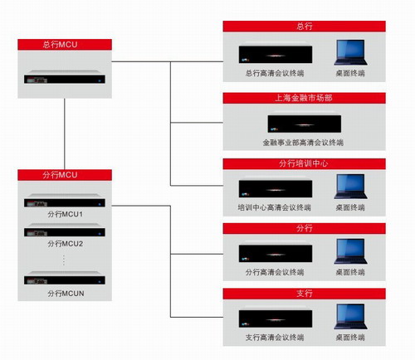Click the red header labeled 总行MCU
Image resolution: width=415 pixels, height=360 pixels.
tap(65, 45)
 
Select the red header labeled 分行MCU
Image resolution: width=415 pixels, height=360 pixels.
tap(65, 175)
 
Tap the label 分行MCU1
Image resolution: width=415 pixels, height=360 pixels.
tap(65, 214)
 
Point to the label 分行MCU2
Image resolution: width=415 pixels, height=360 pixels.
tap(65, 244)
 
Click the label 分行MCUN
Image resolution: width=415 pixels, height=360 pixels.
tap(66, 294)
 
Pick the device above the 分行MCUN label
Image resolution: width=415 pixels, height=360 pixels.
tap(65, 278)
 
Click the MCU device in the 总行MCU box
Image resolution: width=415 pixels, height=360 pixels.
tap(65, 77)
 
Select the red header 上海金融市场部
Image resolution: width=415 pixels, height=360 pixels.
tap(305, 98)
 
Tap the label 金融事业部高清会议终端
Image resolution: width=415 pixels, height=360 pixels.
tap(303, 143)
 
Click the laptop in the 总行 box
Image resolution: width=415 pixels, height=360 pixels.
tap(350, 52)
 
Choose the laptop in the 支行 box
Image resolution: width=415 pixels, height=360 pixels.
tap(350, 317)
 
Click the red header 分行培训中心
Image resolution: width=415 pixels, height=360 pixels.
tap(305, 163)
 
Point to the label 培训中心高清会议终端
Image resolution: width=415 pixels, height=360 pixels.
tap(275, 207)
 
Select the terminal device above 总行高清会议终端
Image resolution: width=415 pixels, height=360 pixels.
tap(276, 53)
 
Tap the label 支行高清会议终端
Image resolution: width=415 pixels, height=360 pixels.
tap(275, 338)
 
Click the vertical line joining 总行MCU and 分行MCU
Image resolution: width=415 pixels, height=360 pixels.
tap(65, 134)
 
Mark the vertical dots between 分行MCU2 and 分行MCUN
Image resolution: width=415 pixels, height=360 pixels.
tap(64, 260)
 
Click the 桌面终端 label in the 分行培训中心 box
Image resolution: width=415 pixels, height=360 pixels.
tap(350, 207)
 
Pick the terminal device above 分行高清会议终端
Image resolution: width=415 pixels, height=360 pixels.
tap(276, 252)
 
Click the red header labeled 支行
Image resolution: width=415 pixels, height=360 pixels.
tap(305, 294)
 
